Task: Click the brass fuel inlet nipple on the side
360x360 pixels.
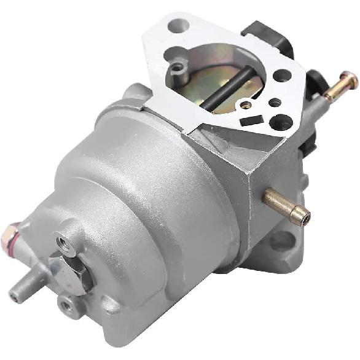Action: tap(288, 206)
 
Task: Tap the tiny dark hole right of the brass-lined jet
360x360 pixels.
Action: tap(275, 101)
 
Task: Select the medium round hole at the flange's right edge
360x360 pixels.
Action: tap(283, 76)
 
